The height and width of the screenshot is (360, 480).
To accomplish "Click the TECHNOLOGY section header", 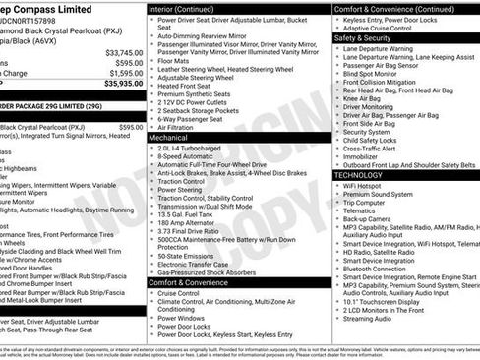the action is [x=359, y=174].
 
